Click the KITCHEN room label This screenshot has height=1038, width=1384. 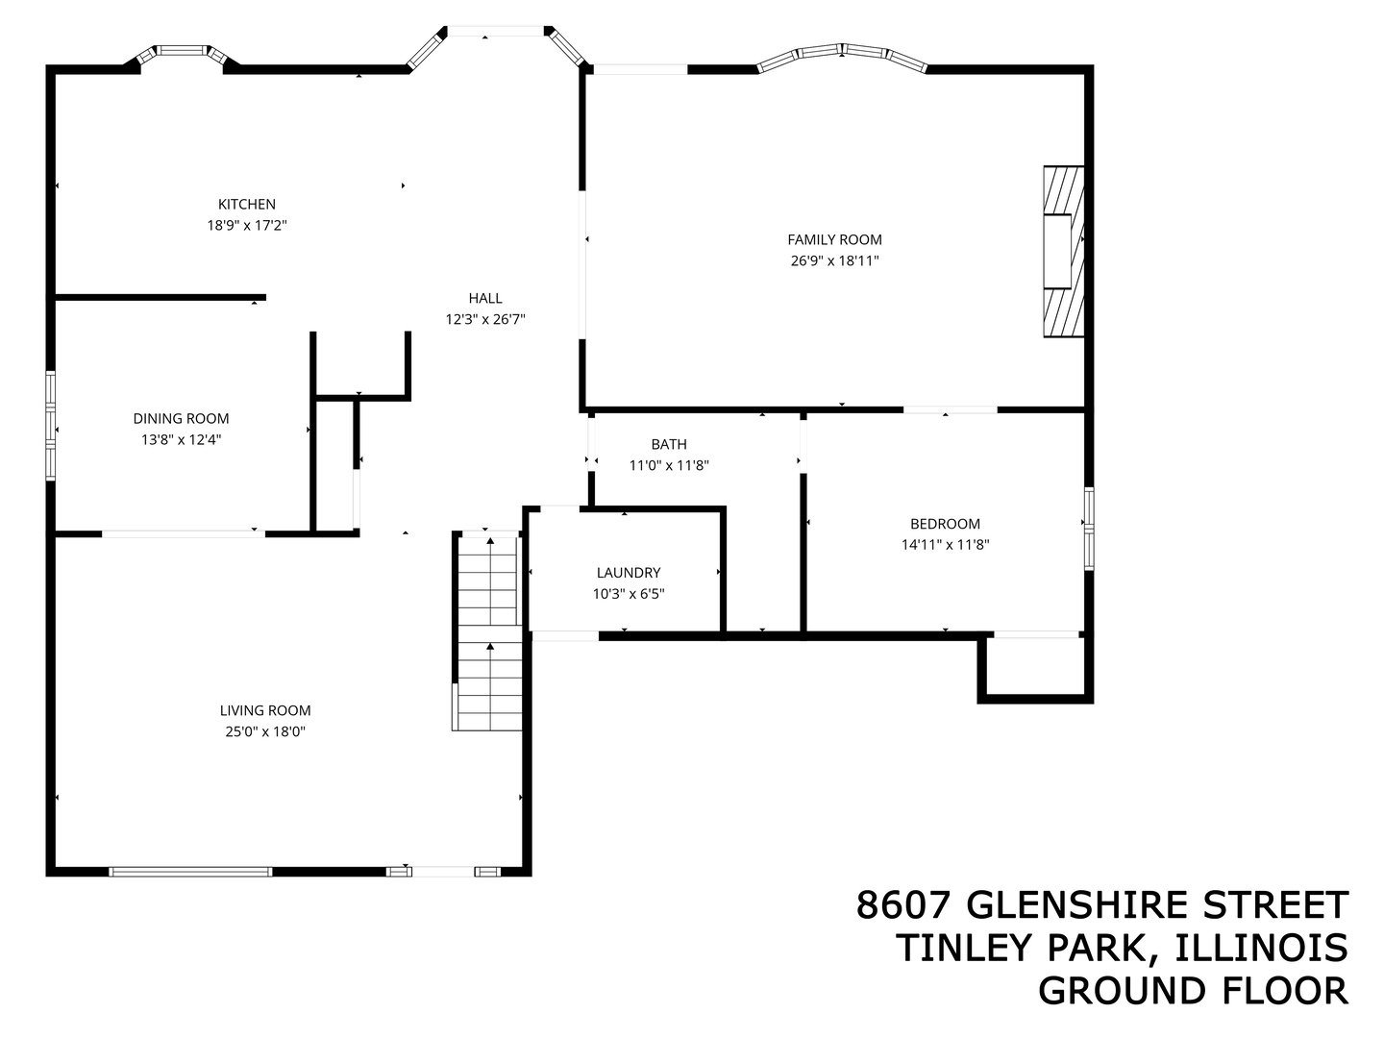click(247, 204)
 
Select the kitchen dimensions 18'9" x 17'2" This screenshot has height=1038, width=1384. click(247, 225)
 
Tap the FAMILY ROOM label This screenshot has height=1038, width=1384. click(834, 239)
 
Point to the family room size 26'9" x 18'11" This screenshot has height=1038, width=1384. click(834, 260)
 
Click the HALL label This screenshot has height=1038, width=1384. click(485, 298)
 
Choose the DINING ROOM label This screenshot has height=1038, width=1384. click(181, 418)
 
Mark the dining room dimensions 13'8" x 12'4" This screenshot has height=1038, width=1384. click(181, 439)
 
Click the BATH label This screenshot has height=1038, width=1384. click(669, 444)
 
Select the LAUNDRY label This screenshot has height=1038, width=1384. click(629, 573)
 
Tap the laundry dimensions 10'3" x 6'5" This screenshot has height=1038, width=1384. click(629, 594)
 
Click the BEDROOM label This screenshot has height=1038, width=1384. click(945, 524)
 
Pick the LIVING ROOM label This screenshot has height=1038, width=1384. click(265, 710)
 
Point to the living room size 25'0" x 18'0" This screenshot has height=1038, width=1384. click(265, 731)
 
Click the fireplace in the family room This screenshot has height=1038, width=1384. click(1064, 252)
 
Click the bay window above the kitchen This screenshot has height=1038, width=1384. click(183, 52)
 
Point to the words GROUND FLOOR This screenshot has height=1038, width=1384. click(1193, 990)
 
